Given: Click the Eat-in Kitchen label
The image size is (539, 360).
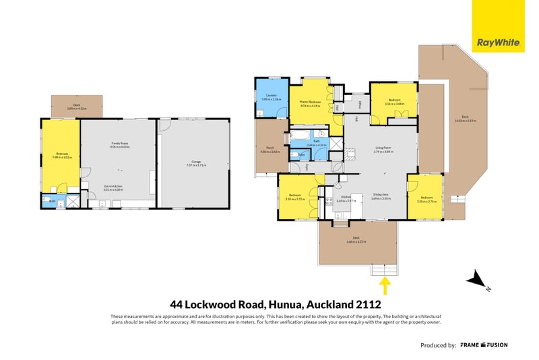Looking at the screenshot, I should pyautogui.click(x=113, y=185).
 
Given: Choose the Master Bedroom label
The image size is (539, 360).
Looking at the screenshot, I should pyautogui.click(x=311, y=102).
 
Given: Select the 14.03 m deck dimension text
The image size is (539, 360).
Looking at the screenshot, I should pyautogui.click(x=466, y=121).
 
